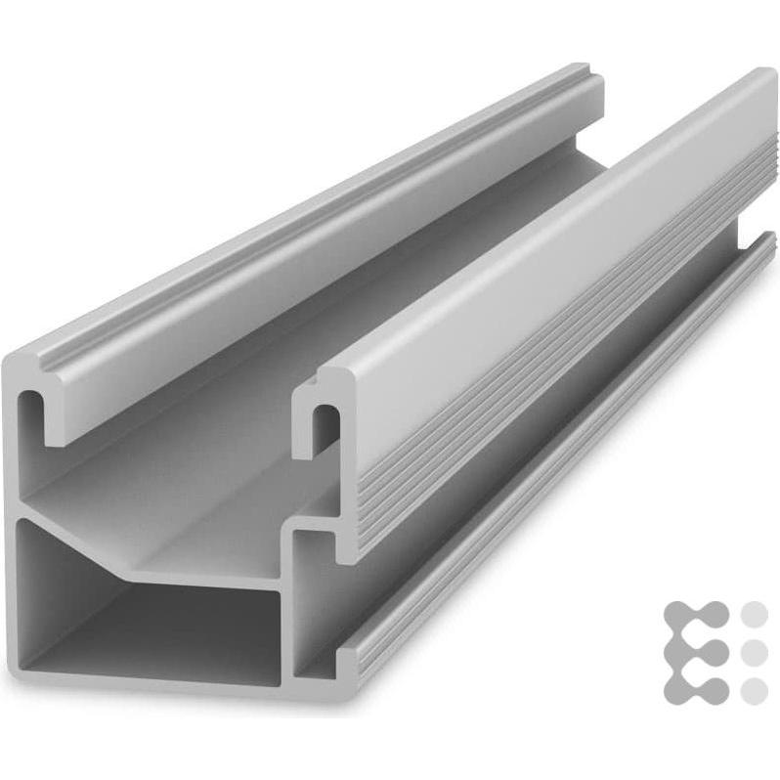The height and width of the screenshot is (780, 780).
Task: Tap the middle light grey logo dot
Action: (x=755, y=652)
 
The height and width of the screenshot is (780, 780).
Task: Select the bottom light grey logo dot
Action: (x=755, y=689)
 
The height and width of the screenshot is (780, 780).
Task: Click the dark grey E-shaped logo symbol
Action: (x=695, y=652)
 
